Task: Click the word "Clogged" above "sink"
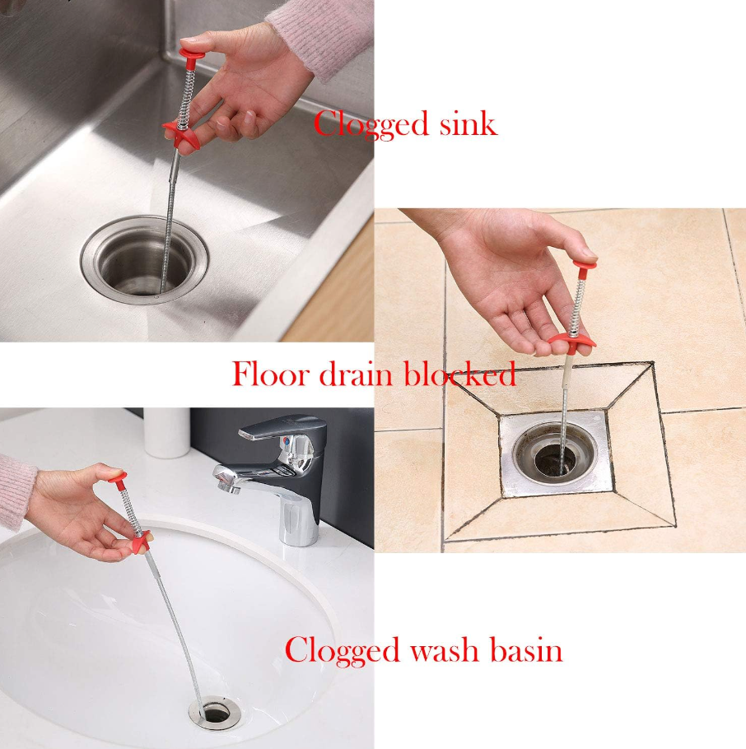click(371, 125)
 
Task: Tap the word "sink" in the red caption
click(469, 123)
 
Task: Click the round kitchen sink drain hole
click(144, 259)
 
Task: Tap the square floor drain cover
click(556, 453)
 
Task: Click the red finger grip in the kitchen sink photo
click(180, 136)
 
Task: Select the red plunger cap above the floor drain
click(585, 266)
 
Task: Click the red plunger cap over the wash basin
click(117, 477)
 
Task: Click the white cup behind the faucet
click(167, 432)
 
